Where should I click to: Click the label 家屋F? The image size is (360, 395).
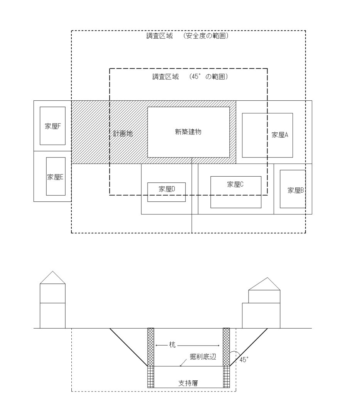[52, 126]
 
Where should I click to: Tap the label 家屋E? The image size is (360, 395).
[55, 177]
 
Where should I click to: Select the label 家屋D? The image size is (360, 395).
[167, 189]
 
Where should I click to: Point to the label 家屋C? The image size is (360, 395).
[235, 184]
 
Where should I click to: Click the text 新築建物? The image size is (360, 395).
[188, 132]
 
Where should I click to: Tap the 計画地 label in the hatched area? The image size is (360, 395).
[122, 133]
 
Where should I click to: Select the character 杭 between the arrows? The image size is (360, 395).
[172, 346]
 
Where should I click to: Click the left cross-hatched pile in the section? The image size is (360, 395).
[151, 347]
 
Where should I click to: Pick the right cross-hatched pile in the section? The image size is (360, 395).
[226, 347]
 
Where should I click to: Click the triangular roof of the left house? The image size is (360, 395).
[53, 279]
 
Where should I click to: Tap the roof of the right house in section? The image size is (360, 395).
[264, 284]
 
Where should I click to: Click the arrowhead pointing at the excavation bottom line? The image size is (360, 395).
[181, 364]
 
